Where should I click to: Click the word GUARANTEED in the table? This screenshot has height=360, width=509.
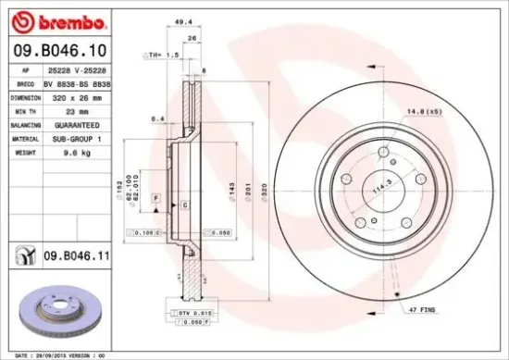(x=88, y=124)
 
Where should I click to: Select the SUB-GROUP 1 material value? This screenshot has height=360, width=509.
(x=90, y=138)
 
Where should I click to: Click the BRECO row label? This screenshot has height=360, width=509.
(x=25, y=83)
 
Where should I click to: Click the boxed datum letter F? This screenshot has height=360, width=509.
(x=157, y=199)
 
